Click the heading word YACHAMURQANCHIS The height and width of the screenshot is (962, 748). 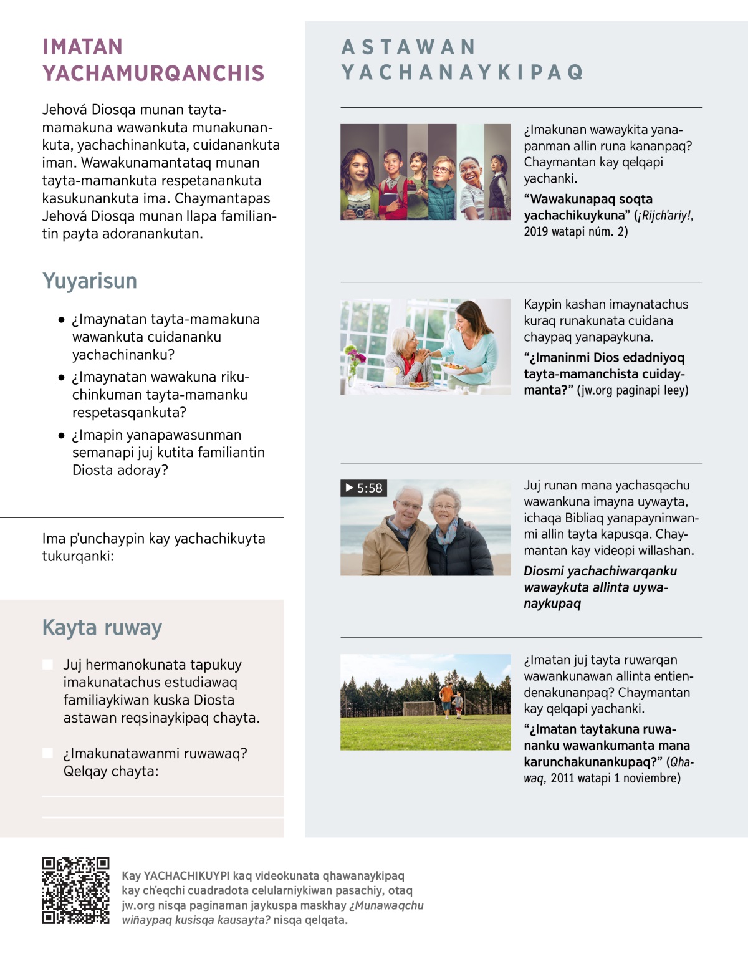click(x=153, y=74)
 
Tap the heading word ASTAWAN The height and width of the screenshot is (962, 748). click(x=409, y=47)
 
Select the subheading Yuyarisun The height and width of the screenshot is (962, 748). click(x=90, y=281)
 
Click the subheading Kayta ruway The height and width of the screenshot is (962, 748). click(x=102, y=628)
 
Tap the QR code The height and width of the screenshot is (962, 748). click(x=75, y=890)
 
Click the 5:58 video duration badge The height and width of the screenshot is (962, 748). click(x=364, y=488)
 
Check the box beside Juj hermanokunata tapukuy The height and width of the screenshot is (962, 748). click(x=47, y=665)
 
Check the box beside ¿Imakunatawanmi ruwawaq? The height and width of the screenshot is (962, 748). click(x=47, y=753)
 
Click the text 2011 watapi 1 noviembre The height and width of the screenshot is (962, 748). click(x=615, y=778)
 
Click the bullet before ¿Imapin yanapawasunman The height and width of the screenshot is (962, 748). click(x=61, y=435)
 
